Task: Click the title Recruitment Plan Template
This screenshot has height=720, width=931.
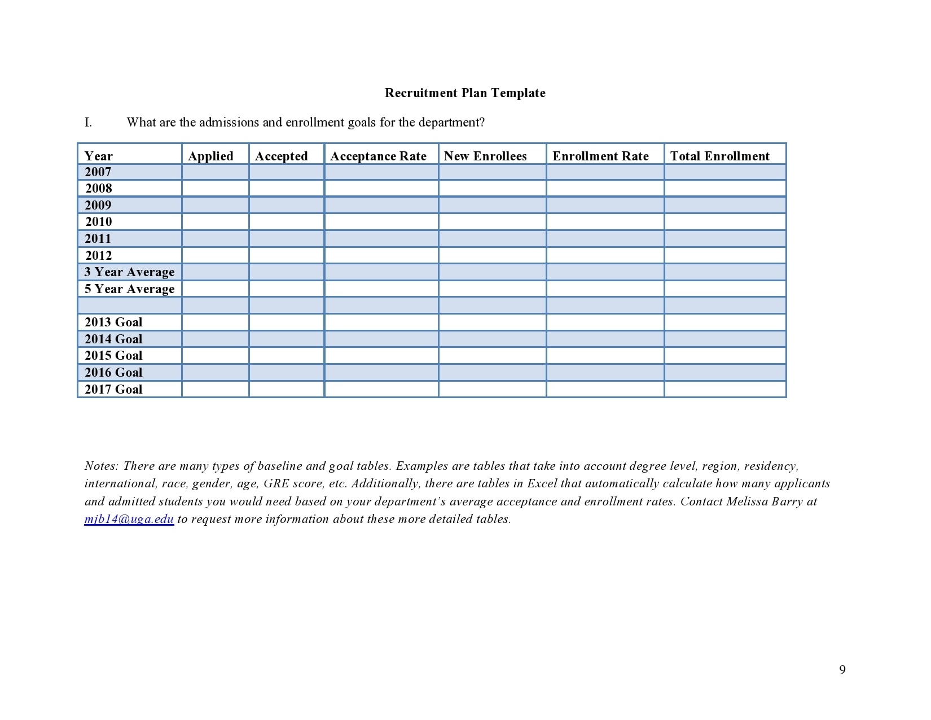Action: [x=465, y=93]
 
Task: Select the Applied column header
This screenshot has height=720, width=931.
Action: [x=210, y=156]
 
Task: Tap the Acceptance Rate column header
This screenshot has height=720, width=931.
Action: [x=378, y=156]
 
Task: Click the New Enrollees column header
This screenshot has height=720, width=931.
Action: [x=485, y=156]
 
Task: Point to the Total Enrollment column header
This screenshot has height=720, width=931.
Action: [x=719, y=156]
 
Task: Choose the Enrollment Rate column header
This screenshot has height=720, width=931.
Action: [x=600, y=156]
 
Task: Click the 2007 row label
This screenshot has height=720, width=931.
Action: [x=98, y=172]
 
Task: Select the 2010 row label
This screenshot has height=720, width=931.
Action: [x=99, y=222]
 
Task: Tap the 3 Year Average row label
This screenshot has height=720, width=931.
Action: [x=129, y=272]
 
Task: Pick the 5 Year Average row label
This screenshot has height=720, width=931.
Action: [x=129, y=289]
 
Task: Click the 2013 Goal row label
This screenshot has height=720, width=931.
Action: [x=113, y=322]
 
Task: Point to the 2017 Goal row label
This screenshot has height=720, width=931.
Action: [x=113, y=390]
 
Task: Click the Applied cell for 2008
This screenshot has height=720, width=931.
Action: [x=215, y=189]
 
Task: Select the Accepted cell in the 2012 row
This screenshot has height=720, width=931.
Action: [x=287, y=256]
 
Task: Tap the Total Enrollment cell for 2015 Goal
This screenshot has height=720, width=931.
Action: [x=725, y=356]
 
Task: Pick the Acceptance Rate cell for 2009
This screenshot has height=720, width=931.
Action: [x=381, y=205]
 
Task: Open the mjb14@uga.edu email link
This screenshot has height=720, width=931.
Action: [x=129, y=520]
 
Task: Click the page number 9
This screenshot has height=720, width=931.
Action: [x=842, y=670]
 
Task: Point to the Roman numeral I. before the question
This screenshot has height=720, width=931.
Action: [x=88, y=123]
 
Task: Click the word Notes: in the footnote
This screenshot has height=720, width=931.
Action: [x=101, y=466]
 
